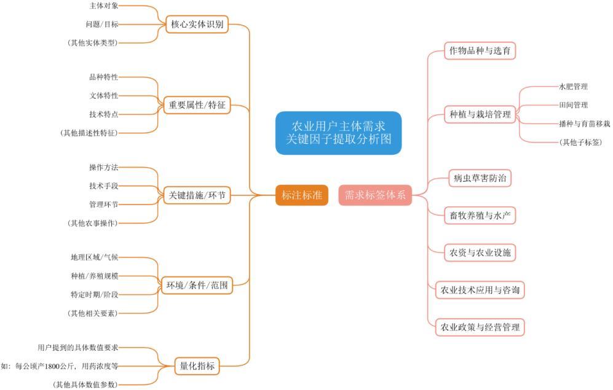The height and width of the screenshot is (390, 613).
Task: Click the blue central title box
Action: [x=338, y=133]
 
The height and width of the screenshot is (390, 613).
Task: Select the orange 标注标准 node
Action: [x=301, y=195]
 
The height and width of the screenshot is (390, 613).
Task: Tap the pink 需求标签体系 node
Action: [x=375, y=195]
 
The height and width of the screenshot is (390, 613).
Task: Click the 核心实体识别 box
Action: [x=197, y=25]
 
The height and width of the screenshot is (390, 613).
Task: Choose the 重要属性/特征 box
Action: [x=197, y=105]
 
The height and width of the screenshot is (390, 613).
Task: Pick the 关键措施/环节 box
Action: [x=197, y=195]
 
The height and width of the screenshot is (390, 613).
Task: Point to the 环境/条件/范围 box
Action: [x=197, y=285]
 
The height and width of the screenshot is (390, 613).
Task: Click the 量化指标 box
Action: [x=197, y=366]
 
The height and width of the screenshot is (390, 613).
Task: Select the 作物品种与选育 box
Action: [x=480, y=50]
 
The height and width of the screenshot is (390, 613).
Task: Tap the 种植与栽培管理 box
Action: [x=480, y=114]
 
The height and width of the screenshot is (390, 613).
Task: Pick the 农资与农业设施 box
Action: [x=480, y=252]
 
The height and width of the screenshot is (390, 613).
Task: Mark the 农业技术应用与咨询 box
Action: [x=480, y=289]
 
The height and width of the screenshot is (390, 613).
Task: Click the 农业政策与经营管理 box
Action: [x=480, y=326]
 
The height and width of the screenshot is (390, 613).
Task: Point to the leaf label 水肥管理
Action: [x=573, y=87]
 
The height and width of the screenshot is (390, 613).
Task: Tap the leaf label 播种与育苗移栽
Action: [x=584, y=123]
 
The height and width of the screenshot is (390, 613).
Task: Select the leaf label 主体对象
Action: [x=103, y=6]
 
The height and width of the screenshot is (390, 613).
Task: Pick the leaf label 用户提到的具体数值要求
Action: [x=77, y=347]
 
